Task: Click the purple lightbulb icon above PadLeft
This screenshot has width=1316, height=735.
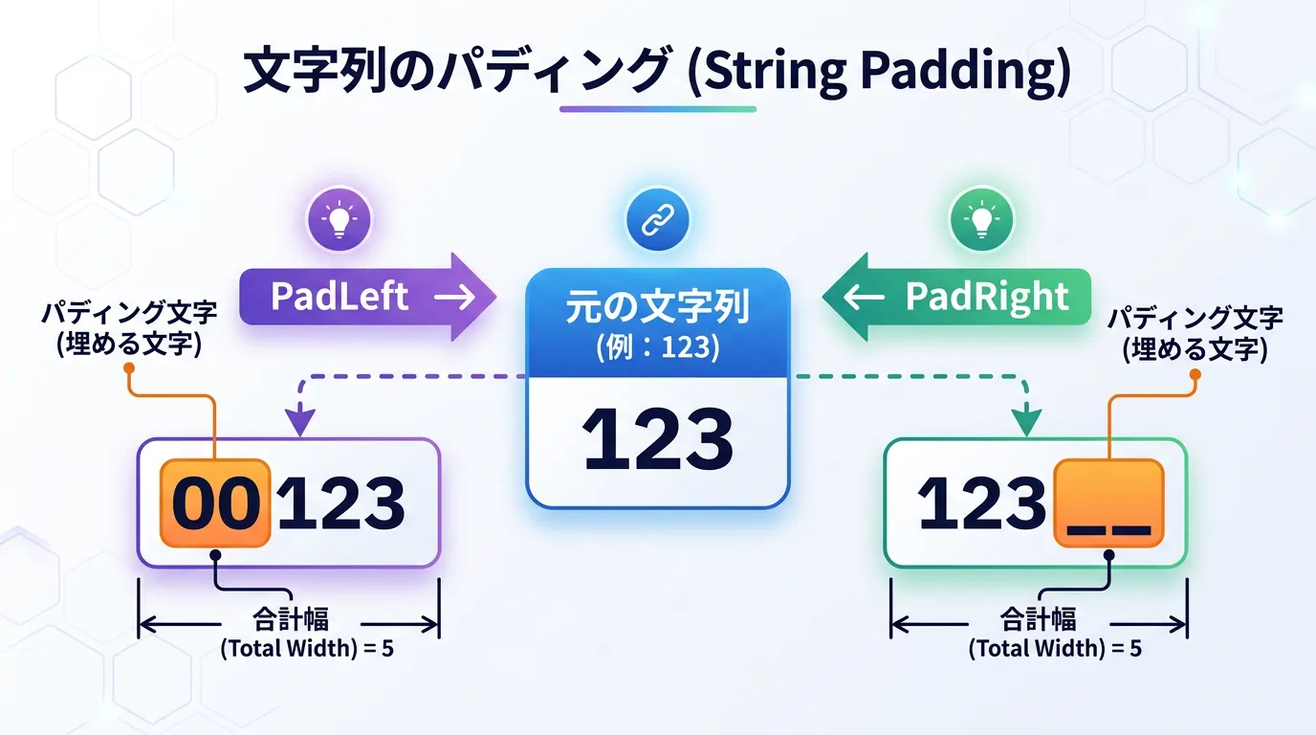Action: click(339, 219)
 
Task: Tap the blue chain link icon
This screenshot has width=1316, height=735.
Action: click(657, 219)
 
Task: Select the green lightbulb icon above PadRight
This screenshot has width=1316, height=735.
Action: click(981, 219)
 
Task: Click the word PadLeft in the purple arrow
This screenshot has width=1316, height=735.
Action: click(340, 297)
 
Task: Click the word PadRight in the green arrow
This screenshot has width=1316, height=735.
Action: click(987, 297)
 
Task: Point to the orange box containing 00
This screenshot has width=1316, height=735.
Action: click(215, 503)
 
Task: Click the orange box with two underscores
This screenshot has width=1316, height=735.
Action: click(1109, 503)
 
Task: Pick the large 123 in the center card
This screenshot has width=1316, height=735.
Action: click(657, 440)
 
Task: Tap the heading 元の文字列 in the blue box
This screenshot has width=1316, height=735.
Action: click(658, 307)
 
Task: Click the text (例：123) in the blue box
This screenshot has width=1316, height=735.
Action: click(658, 347)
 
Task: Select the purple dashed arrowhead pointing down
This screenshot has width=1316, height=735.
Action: click(300, 423)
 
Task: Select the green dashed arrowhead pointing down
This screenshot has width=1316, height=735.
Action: click(1026, 423)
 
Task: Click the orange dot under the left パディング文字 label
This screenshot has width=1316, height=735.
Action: click(129, 368)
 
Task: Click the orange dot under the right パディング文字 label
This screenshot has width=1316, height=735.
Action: click(1195, 374)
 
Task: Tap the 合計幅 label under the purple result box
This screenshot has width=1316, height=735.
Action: click(290, 619)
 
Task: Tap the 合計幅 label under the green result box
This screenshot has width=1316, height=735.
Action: click(1039, 619)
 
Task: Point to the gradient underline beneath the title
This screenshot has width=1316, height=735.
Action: click(658, 109)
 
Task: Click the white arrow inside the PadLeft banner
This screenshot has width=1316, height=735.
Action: click(454, 297)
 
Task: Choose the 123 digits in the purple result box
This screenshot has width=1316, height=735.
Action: click(341, 503)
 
